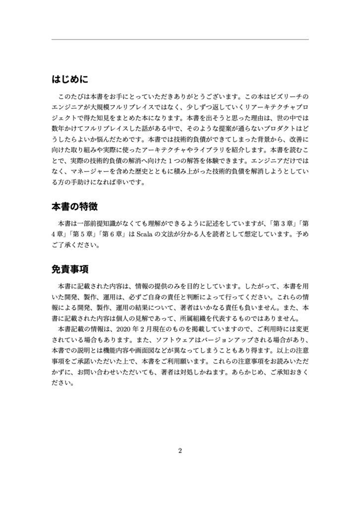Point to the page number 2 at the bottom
pyautogui.click(x=180, y=451)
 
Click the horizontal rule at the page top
pyautogui.click(x=180, y=39)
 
